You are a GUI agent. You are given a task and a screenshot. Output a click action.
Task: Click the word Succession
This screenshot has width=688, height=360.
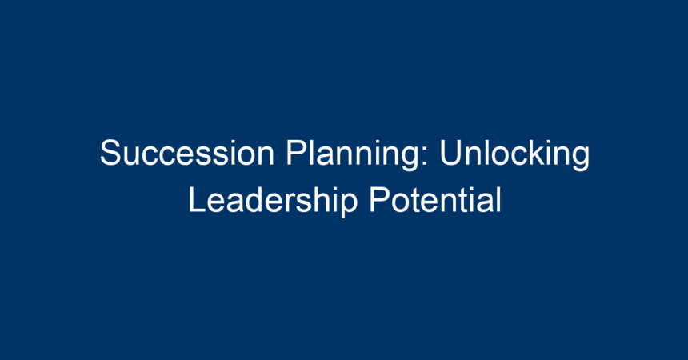(x=187, y=153)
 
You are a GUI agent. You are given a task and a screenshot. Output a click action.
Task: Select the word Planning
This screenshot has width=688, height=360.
(x=353, y=154)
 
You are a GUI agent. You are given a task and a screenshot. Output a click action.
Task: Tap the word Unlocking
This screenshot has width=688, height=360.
(x=514, y=154)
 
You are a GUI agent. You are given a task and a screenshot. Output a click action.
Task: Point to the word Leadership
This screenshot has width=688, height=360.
(x=273, y=201)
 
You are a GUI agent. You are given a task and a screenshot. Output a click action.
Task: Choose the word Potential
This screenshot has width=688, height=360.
(x=435, y=199)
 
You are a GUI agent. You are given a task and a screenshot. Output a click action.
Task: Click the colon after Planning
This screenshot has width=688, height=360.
(x=425, y=156)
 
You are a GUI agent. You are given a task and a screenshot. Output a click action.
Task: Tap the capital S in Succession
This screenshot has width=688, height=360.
(x=110, y=153)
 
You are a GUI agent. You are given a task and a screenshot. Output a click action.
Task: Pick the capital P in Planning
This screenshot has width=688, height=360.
(x=297, y=153)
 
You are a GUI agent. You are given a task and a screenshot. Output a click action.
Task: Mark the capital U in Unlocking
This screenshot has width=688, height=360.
(x=450, y=153)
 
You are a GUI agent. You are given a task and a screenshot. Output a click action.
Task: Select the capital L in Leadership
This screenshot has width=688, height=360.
(x=198, y=199)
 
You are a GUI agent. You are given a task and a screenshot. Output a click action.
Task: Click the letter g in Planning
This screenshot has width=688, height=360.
(x=410, y=159)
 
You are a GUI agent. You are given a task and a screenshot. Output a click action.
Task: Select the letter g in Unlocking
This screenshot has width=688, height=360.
(x=581, y=159)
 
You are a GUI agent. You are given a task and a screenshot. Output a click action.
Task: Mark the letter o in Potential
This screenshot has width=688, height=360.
(x=401, y=203)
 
